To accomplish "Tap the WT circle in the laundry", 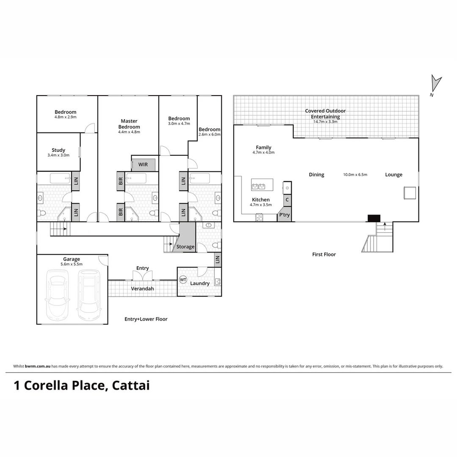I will point(183,280).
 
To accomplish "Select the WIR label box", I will point(143,165).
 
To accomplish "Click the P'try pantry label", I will point(284,215).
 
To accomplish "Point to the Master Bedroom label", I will point(129,124).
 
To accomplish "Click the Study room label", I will point(58,150).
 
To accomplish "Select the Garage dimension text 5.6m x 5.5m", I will point(72,264).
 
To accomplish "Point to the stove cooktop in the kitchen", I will point(259,217).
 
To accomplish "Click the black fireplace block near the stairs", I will point(374,218).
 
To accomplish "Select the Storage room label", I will point(185,247).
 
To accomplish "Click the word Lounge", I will point(394,175).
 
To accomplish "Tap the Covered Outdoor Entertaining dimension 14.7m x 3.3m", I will point(325,122).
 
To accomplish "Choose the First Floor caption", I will point(324,254).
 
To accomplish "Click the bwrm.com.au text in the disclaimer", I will point(38,366).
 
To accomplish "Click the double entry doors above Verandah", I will point(143,276).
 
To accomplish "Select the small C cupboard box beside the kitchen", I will point(287,199).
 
